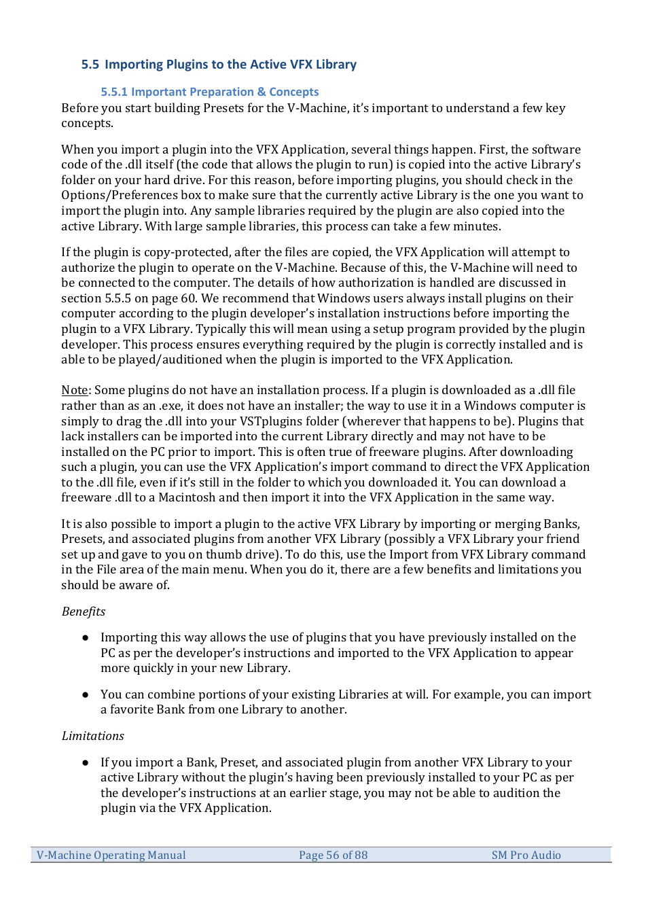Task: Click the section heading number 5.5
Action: (x=90, y=65)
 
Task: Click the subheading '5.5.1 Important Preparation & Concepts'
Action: (x=209, y=92)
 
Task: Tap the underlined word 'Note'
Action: (x=74, y=390)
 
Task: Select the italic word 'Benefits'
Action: (x=83, y=612)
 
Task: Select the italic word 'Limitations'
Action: (x=92, y=736)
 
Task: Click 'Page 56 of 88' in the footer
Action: (x=333, y=855)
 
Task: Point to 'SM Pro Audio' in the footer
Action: (x=526, y=855)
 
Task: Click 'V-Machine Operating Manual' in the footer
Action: (x=111, y=855)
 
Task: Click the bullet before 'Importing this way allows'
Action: (x=86, y=637)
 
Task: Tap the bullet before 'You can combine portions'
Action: (x=86, y=694)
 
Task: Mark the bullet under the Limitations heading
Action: (x=86, y=762)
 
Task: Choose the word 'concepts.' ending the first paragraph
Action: (x=87, y=124)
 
